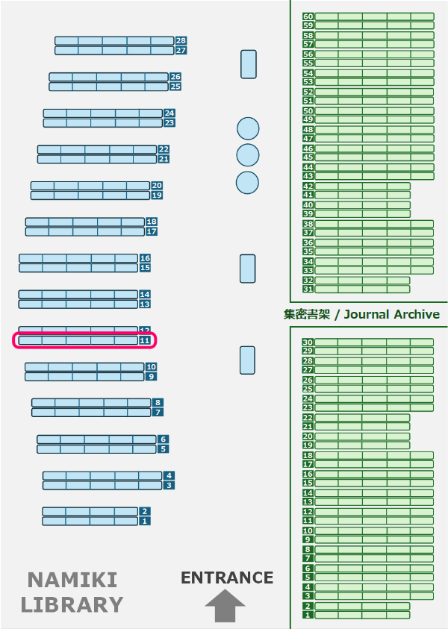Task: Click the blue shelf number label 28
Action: [x=181, y=41]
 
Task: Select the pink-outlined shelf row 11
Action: [x=84, y=340]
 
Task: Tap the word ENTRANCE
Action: [x=227, y=578]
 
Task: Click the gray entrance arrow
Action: [x=225, y=606]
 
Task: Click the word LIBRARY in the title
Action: [x=72, y=604]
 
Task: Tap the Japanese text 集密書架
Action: [x=306, y=314]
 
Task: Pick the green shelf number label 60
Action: [x=308, y=16]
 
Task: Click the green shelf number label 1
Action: [x=308, y=615]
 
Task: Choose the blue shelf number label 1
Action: [x=144, y=522]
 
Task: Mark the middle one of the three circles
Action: [x=247, y=155]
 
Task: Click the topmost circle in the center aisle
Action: [x=247, y=128]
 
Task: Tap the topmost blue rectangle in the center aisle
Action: [x=248, y=64]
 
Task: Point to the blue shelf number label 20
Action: [x=157, y=186]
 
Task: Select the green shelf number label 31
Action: [x=308, y=289]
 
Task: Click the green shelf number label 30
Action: [x=308, y=342]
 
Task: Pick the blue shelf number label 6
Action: [x=163, y=439]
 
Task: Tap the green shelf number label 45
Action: [x=308, y=157]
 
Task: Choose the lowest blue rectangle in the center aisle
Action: [x=247, y=360]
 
